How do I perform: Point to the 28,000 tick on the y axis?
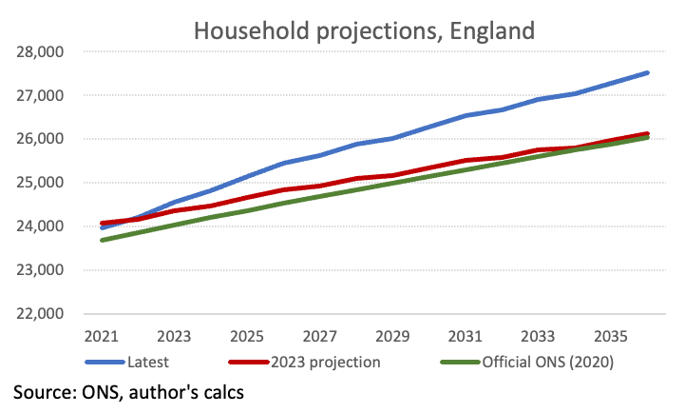click(40, 51)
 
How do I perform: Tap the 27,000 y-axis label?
click(40, 95)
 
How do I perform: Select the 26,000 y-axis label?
click(40, 139)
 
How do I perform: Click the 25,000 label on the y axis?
click(40, 183)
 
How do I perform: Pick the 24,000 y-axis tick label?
click(40, 226)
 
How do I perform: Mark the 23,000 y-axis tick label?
click(40, 270)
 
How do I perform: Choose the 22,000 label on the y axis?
click(40, 314)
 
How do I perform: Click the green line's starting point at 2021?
click(102, 240)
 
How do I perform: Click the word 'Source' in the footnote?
click(44, 391)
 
